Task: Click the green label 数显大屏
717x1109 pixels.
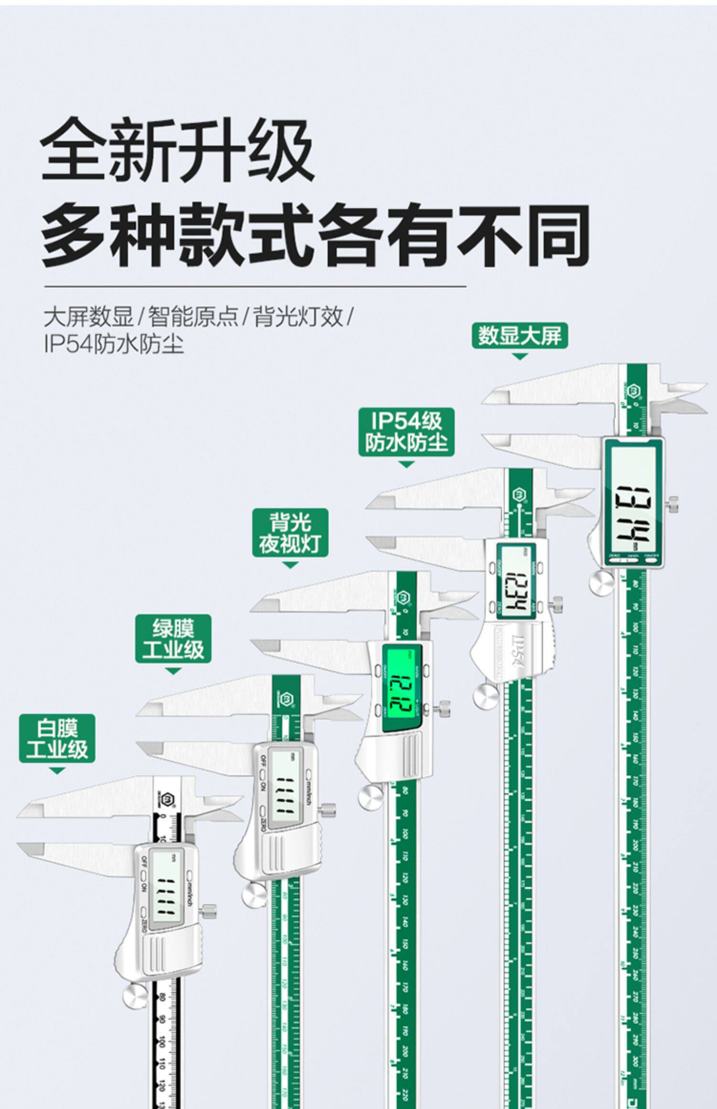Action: tap(520, 336)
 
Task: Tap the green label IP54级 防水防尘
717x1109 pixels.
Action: tap(406, 433)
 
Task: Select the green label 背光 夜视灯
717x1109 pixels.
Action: tap(290, 533)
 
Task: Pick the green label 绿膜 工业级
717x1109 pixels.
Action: tap(173, 639)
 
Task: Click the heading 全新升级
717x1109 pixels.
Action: tap(177, 150)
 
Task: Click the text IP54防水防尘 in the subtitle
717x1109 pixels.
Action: tap(114, 344)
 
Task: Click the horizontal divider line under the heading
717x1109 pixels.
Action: tap(255, 287)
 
